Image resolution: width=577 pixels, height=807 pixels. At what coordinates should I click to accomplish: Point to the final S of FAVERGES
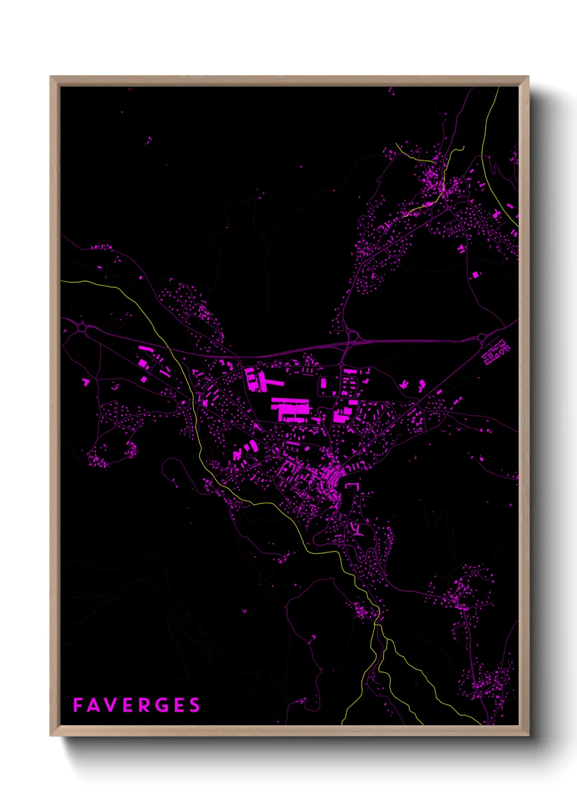195,705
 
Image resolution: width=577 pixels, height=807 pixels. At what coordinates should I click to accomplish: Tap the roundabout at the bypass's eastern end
482,338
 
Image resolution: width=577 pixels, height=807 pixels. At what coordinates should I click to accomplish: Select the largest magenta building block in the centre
290,409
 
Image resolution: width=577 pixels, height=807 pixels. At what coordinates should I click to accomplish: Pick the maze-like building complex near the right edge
495,353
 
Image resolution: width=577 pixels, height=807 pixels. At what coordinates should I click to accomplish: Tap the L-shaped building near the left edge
86,382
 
